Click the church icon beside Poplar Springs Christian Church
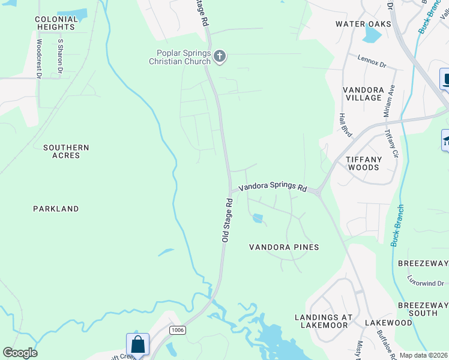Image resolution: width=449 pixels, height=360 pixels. tap(220, 57)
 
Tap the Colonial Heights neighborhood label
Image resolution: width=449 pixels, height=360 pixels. tap(56, 23)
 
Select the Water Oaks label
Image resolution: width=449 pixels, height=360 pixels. tap(363, 24)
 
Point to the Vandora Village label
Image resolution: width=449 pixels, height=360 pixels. tap(363, 94)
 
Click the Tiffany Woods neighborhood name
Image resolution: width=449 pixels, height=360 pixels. tap(363, 163)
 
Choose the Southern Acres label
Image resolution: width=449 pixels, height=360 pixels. tap(66, 151)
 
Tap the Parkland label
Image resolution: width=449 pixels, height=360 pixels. tap(56, 209)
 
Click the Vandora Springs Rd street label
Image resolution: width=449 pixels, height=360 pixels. tap(273, 187)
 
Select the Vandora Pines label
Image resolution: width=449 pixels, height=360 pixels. tap(284, 247)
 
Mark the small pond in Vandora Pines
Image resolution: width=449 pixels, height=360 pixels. tap(258, 218)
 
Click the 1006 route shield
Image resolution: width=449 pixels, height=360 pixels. tap(177, 330)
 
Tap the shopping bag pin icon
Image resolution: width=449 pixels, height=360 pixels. tap(137, 345)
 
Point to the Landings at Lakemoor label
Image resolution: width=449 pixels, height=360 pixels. tap(322, 321)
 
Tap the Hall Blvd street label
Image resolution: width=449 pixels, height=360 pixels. tap(345, 124)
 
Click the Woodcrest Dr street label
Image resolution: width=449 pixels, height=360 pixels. tap(39, 59)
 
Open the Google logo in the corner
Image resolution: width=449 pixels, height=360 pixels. tap(20, 353)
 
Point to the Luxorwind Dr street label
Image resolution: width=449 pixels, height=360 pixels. tap(426, 283)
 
